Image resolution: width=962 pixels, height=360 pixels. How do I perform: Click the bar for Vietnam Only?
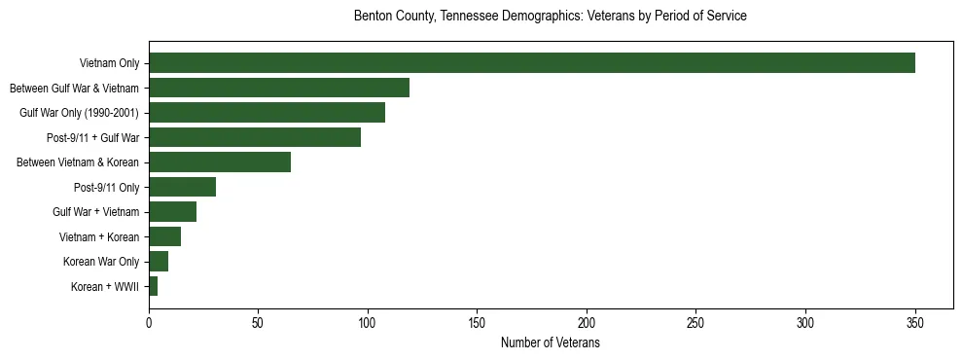pos(531,63)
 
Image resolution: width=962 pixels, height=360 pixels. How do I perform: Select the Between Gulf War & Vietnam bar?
pos(279,88)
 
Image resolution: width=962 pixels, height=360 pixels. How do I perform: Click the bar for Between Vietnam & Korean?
pos(220,162)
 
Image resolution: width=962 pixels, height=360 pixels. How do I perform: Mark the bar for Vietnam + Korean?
pos(164,236)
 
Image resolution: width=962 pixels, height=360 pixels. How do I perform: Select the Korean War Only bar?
pos(159,261)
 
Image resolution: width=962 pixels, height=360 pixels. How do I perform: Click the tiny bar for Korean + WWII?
pos(153,286)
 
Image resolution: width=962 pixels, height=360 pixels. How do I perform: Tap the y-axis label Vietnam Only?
pos(109,64)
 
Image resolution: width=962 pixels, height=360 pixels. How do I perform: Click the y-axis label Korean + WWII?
pos(105,287)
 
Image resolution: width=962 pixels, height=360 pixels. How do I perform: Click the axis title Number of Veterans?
pos(550,343)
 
